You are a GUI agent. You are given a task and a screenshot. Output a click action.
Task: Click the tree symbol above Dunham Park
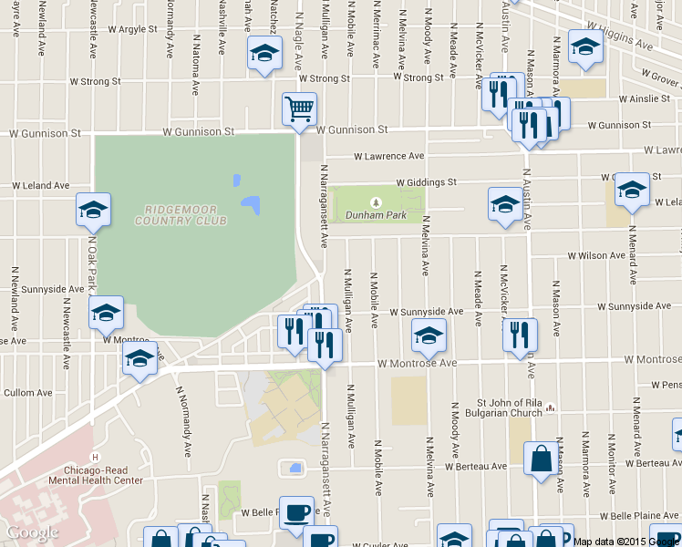pos(375,201)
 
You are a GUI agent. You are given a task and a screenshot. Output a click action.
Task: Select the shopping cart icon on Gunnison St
pos(299,109)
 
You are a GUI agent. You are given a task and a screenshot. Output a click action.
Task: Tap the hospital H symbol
pos(94,457)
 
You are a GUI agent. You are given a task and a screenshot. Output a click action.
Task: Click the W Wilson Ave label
pos(598,256)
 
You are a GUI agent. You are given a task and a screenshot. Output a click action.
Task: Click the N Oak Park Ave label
pos(92,264)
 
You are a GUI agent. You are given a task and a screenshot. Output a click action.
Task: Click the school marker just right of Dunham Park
pos(504,205)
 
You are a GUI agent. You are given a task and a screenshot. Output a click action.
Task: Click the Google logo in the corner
pos(33,532)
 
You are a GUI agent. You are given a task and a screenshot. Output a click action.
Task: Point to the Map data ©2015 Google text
pos(626,542)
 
